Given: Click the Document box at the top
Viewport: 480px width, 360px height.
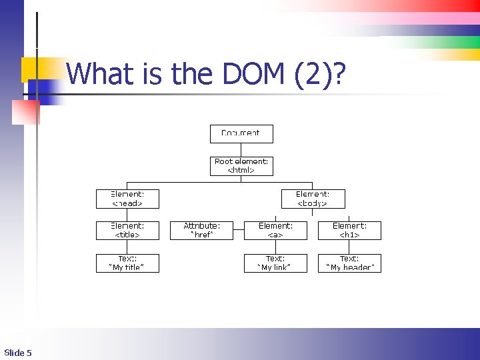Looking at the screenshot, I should point(241,133).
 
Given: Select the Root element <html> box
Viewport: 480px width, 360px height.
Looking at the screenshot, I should point(241,165).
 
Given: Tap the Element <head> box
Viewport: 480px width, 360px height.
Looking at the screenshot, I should point(127,199).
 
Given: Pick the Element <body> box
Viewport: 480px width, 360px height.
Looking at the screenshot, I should point(313,199).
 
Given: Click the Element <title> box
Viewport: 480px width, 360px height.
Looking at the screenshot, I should point(127,231).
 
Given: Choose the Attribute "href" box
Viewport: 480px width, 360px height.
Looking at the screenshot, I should point(202,231).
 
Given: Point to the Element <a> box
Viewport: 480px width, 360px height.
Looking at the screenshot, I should point(275,231).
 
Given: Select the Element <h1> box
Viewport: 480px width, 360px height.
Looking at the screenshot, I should point(349,231).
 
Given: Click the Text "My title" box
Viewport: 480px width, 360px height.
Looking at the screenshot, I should point(127,263).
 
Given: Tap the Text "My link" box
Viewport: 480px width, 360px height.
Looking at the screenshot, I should point(275,263).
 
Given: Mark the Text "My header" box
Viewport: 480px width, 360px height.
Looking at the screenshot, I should point(349,263).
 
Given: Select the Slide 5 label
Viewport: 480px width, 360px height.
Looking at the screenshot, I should point(18,352).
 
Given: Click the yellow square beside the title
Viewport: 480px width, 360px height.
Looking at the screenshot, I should point(32,69).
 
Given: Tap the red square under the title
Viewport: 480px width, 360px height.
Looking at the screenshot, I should point(26,112).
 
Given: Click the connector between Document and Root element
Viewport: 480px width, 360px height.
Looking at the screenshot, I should point(241,149).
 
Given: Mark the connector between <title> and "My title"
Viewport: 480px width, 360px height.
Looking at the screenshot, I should point(127,247).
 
